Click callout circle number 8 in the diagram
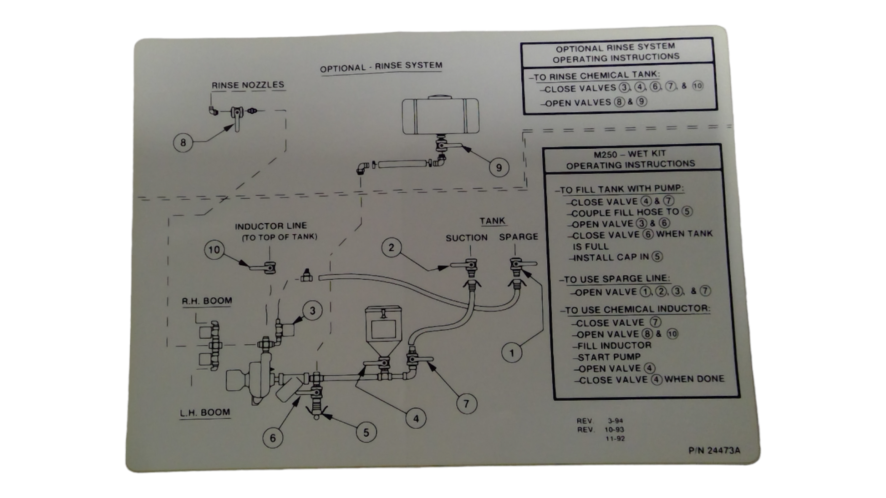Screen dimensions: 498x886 (183, 143)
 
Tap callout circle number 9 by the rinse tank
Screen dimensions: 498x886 (499, 168)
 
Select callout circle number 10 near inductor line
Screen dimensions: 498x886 (214, 250)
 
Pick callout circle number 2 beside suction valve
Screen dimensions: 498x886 (391, 248)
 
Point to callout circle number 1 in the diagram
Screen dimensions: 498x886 (512, 353)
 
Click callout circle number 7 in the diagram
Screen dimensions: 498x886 (466, 404)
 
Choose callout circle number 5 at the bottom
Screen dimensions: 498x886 (366, 433)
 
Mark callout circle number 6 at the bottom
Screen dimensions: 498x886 (273, 438)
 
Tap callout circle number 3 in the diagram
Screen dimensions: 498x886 (312, 311)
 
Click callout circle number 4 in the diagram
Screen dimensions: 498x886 (416, 418)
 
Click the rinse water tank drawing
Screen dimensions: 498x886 (440, 116)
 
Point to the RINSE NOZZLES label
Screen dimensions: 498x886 (248, 85)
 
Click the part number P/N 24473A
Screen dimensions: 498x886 (714, 450)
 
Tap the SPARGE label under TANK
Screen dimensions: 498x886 (518, 237)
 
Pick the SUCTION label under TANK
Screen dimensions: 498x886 (466, 237)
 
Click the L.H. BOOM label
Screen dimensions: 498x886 (205, 412)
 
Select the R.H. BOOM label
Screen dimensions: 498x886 (207, 301)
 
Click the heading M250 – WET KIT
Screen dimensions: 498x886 (630, 154)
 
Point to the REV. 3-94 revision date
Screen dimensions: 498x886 (600, 421)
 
